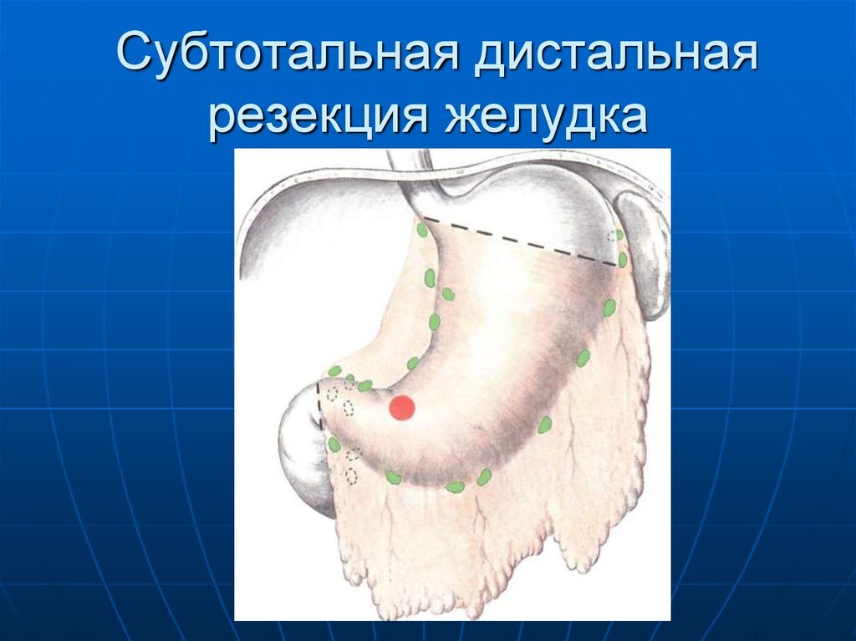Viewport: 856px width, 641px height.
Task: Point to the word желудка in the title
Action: point(551,117)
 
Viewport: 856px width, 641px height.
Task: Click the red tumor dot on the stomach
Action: point(402,408)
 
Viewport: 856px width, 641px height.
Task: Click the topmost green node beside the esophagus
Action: point(423,228)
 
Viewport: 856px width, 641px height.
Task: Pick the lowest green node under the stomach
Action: point(455,486)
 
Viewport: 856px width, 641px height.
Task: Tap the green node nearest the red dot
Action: point(365,385)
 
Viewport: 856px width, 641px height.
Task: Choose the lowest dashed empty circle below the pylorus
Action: point(351,476)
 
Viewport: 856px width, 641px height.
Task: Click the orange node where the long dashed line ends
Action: point(623,261)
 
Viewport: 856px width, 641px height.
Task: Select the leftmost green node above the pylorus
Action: point(334,371)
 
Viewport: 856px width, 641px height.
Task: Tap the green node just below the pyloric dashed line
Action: point(334,445)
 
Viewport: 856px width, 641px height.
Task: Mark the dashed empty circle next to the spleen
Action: point(620,237)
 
